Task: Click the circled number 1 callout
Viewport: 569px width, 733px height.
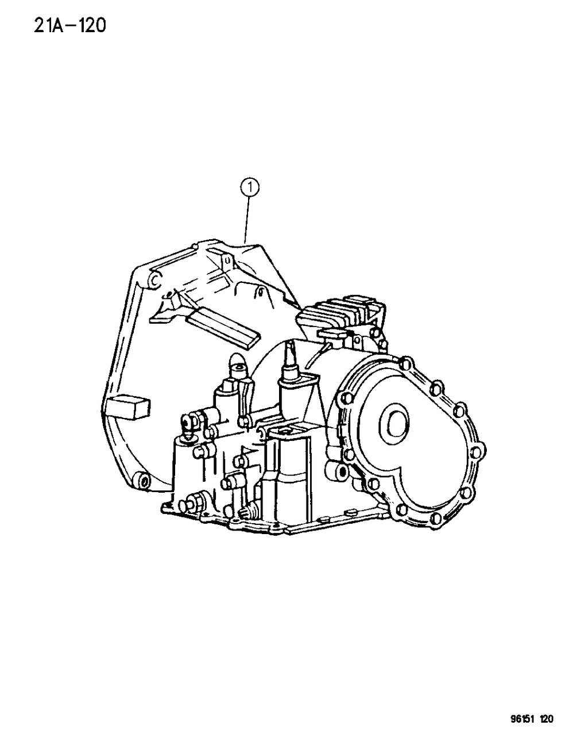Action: pos(250,186)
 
